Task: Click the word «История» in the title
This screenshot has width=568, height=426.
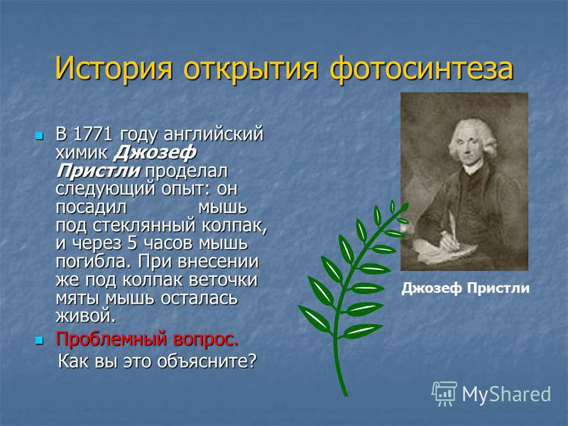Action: [114, 68]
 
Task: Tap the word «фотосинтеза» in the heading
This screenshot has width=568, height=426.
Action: [422, 69]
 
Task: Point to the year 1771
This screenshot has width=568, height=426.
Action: [92, 133]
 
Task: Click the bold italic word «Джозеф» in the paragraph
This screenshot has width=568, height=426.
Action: [155, 153]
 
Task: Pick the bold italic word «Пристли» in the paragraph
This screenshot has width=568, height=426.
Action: [98, 171]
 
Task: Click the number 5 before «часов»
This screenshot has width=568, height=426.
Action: [132, 243]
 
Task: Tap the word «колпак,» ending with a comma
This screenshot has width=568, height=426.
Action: [234, 225]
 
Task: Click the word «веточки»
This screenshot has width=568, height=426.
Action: [223, 280]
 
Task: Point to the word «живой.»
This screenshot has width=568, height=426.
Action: [86, 315]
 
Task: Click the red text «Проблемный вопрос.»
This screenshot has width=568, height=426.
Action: [147, 339]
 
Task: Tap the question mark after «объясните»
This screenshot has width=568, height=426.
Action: [252, 361]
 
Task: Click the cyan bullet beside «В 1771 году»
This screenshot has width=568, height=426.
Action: [39, 136]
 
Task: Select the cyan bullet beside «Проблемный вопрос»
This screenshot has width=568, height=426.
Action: [39, 341]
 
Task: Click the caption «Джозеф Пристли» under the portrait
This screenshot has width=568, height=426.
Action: [466, 288]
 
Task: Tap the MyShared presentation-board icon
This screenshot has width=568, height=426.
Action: [444, 394]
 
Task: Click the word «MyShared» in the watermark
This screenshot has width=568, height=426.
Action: [506, 394]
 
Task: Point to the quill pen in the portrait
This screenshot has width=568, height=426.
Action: [452, 224]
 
